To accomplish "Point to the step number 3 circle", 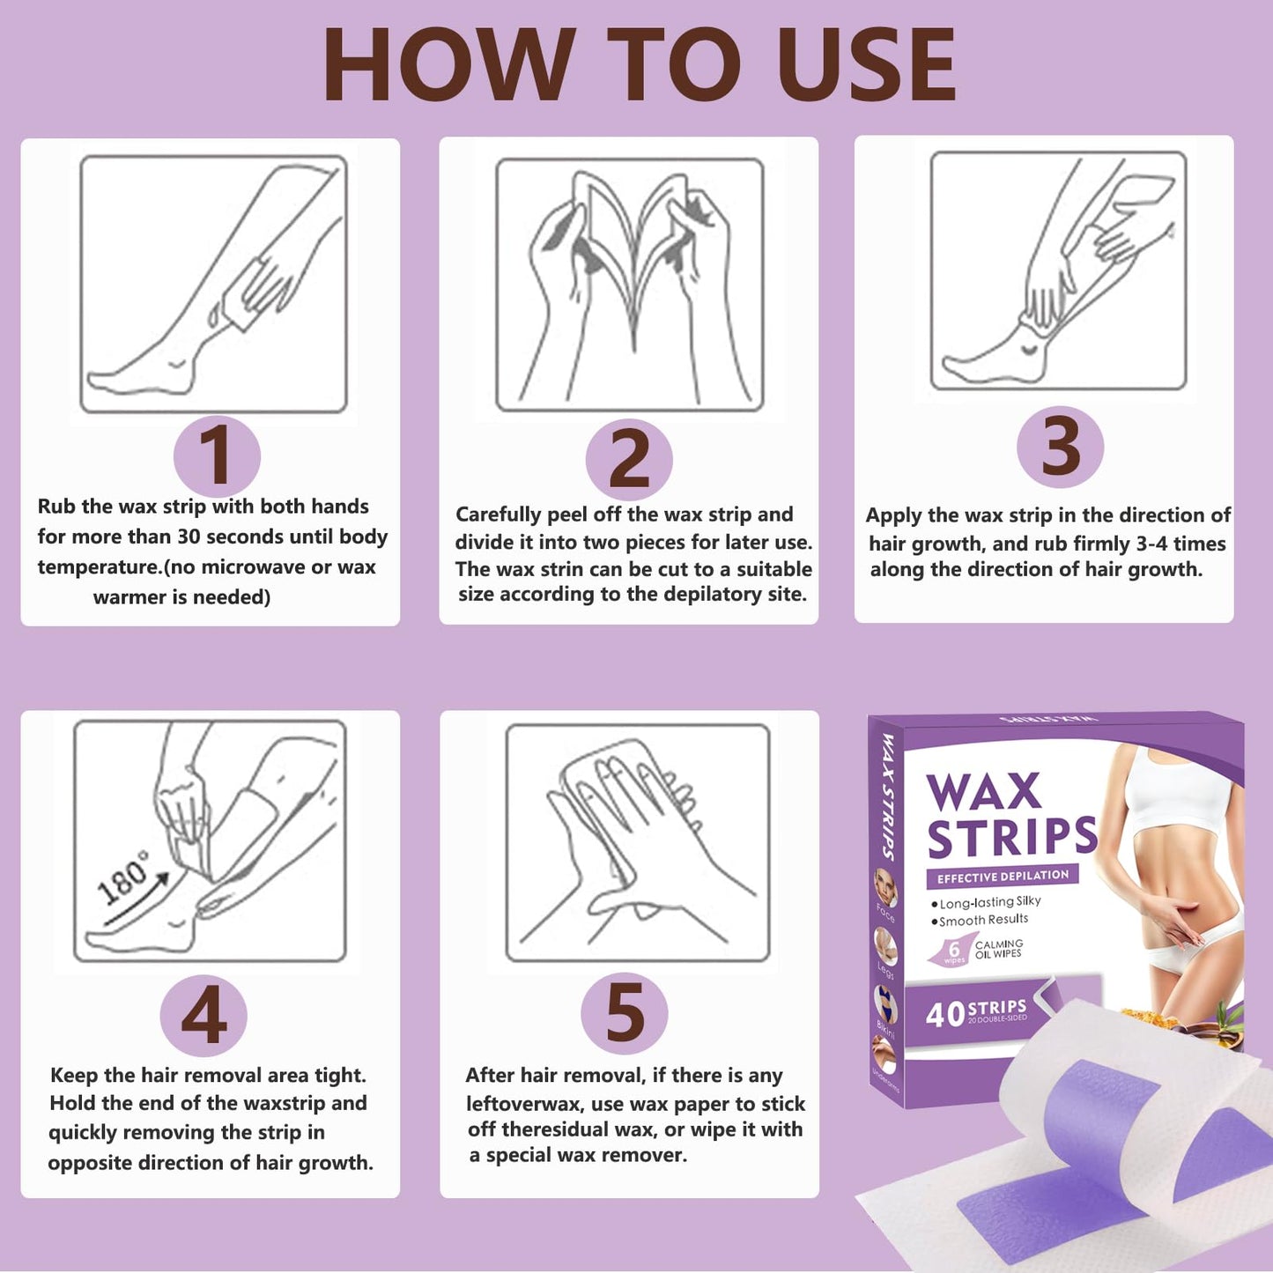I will click(x=1060, y=448).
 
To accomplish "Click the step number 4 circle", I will click(x=204, y=1016).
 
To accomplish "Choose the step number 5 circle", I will click(x=625, y=1014).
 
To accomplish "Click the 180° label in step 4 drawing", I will click(x=123, y=879).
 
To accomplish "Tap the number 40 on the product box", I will click(x=945, y=1014).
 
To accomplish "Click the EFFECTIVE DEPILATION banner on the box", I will click(x=1003, y=877).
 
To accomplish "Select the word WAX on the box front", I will click(x=983, y=792).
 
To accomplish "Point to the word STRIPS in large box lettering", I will click(x=1012, y=837).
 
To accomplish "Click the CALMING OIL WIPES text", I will click(x=998, y=948).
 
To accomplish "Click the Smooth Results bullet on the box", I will click(x=983, y=920).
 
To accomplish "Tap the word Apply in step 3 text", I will click(x=892, y=515).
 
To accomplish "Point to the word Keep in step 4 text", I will click(x=73, y=1076).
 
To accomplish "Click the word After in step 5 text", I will click(x=490, y=1076).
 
